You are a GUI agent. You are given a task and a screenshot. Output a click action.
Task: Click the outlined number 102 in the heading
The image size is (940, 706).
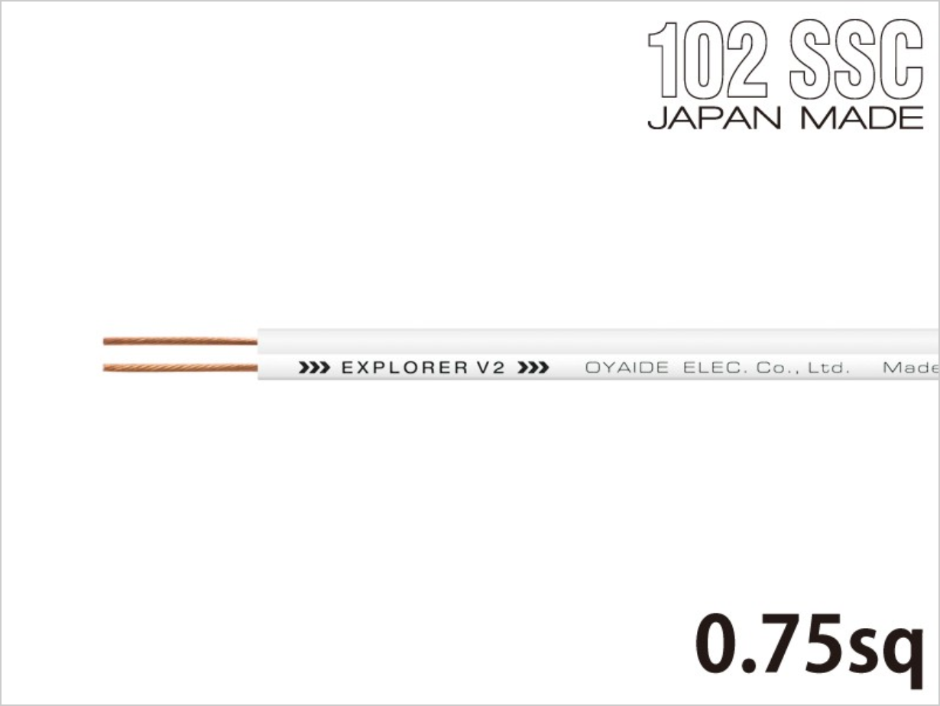pos(708,60)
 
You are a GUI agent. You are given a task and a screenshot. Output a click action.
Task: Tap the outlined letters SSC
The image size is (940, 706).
pos(857,60)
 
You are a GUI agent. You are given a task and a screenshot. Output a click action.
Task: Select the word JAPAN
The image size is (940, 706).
pos(715,118)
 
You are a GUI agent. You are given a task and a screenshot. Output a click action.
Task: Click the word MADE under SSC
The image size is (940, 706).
pos(862,118)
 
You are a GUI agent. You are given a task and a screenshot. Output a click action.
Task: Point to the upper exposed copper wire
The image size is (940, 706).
pos(180,342)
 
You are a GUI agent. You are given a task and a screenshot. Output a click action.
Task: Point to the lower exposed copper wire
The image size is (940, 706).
pos(180,368)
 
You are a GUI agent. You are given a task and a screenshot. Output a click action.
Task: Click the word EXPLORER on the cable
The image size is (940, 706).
pos(405,368)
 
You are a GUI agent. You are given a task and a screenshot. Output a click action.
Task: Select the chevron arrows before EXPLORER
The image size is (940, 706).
pos(314,368)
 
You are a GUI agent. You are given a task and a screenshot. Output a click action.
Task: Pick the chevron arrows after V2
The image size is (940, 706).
pos(533,368)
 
